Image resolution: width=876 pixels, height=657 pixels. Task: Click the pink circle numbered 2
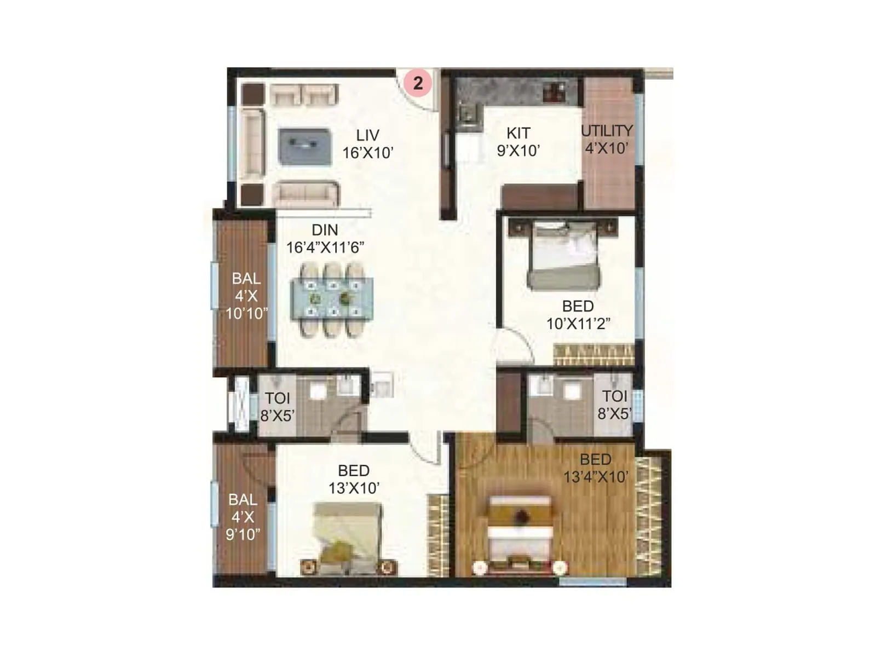(x=418, y=83)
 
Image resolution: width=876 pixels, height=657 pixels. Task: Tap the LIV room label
(x=367, y=135)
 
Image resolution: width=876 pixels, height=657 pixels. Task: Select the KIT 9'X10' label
(x=518, y=142)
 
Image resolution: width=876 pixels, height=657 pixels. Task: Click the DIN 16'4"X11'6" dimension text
(x=325, y=247)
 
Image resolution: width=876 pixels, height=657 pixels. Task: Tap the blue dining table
(x=332, y=299)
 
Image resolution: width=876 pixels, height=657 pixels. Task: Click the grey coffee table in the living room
(x=304, y=146)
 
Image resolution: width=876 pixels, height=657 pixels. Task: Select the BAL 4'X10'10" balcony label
(x=246, y=296)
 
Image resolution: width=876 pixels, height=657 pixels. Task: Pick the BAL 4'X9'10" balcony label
(x=243, y=517)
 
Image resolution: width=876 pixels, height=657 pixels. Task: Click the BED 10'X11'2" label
(x=578, y=315)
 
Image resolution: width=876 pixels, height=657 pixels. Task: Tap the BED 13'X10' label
(x=354, y=479)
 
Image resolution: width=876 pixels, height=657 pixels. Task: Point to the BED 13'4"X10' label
(x=596, y=468)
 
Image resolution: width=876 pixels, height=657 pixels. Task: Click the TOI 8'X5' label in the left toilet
(x=278, y=407)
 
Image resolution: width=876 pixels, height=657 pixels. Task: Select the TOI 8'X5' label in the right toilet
(x=614, y=405)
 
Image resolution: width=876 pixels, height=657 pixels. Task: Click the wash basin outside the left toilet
(x=382, y=383)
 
